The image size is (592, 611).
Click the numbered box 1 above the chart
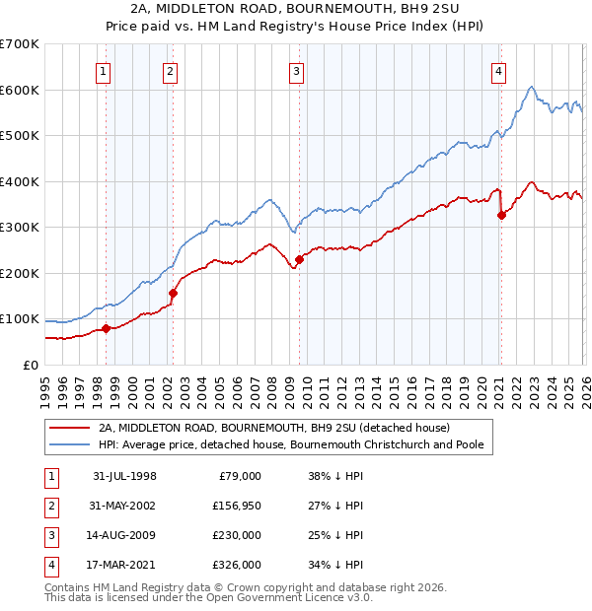(x=104, y=71)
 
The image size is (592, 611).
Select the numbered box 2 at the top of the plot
(x=170, y=71)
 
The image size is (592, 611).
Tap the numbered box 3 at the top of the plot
(x=296, y=71)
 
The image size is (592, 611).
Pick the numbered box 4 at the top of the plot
(x=499, y=71)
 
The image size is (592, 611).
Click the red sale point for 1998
(x=107, y=328)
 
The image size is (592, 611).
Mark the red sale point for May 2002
(x=173, y=293)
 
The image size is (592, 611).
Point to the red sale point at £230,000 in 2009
(x=299, y=259)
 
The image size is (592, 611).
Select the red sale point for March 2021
(x=501, y=216)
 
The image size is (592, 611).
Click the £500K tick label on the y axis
(x=20, y=135)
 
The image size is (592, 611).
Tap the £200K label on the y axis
(x=20, y=273)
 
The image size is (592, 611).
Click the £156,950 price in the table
(x=237, y=505)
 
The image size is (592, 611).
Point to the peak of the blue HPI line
(x=532, y=88)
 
